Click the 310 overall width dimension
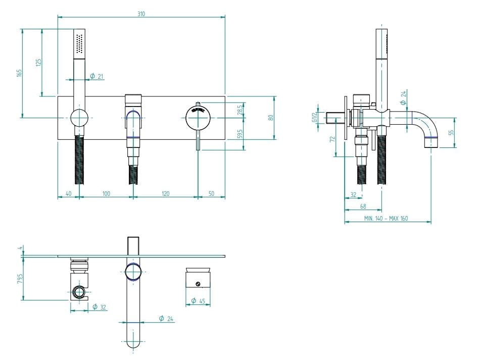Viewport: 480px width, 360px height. (141, 14)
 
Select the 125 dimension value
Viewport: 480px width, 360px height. (39, 62)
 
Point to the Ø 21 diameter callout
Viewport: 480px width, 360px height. (97, 76)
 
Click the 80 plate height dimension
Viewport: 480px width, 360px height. (271, 117)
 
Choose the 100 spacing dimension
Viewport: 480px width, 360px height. (106, 193)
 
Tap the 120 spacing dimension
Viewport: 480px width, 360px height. (165, 193)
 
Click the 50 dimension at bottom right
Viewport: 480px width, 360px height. (211, 193)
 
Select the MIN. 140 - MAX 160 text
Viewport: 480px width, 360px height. (386, 218)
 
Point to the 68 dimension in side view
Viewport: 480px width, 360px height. (363, 206)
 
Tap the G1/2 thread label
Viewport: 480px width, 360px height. (314, 115)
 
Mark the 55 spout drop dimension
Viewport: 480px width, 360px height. (451, 133)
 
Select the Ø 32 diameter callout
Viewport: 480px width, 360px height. (100, 306)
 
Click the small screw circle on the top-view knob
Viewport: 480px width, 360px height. (198, 283)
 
